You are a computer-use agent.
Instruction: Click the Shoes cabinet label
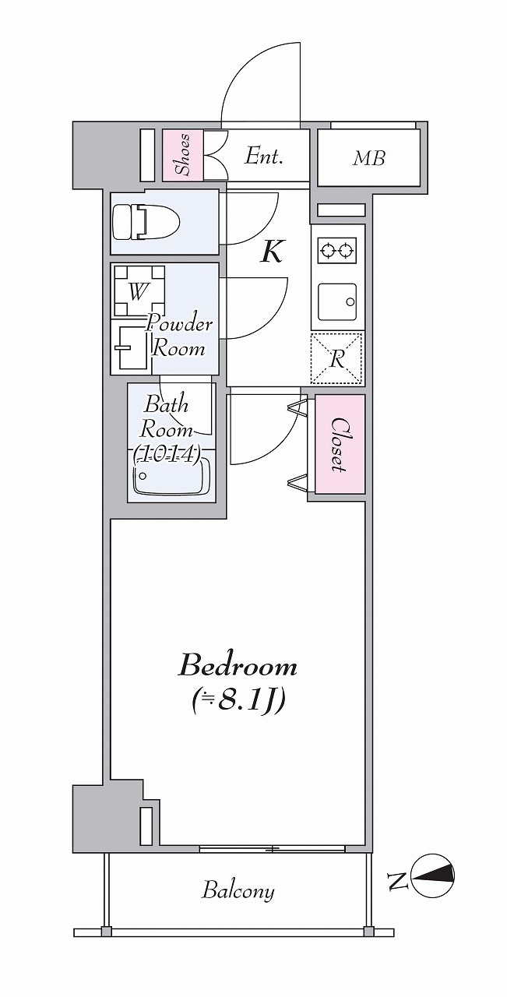182,154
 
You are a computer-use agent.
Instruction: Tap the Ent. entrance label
263,156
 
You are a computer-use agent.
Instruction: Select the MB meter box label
368,157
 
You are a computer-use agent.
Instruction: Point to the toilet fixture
146,221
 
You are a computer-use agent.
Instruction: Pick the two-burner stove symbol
337,251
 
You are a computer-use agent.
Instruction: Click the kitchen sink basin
337,301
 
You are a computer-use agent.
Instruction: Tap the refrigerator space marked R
337,358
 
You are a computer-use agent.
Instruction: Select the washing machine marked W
139,291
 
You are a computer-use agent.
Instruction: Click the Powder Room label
179,335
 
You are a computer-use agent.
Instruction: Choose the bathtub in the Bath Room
172,476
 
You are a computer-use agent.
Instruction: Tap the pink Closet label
340,444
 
